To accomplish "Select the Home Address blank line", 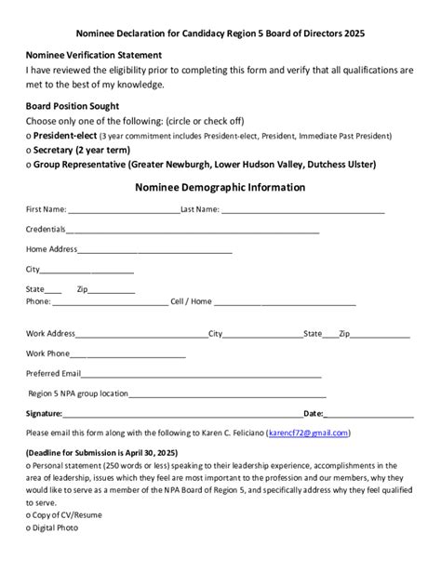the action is point(155,251).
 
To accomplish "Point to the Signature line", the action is point(182,415).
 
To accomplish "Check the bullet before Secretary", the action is point(29,150).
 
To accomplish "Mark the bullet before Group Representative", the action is point(29,166).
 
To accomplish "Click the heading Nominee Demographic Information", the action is point(220,187).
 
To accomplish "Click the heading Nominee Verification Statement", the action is point(94,56).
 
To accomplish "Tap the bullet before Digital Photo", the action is point(29,528).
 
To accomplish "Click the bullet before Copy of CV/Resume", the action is point(29,514).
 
